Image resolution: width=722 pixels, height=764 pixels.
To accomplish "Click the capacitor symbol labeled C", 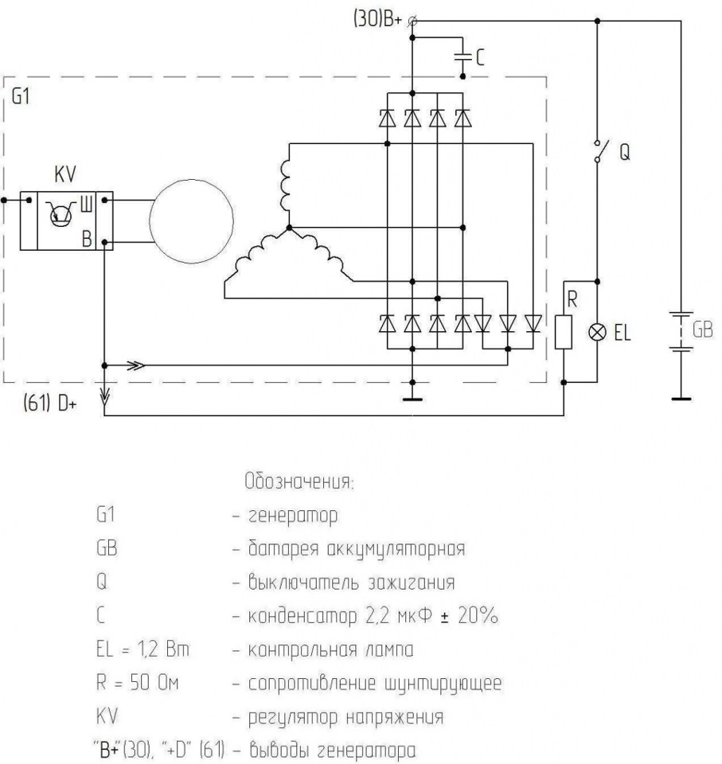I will click(x=462, y=57).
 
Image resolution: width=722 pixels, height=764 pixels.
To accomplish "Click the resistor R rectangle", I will click(x=564, y=332).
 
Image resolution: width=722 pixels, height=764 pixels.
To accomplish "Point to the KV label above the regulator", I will click(x=64, y=174).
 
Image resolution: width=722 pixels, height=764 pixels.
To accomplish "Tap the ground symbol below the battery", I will click(x=679, y=396).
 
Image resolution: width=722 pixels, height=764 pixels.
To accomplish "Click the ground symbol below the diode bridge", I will click(x=412, y=397).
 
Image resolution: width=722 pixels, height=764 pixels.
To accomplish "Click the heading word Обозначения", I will click(x=297, y=482).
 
